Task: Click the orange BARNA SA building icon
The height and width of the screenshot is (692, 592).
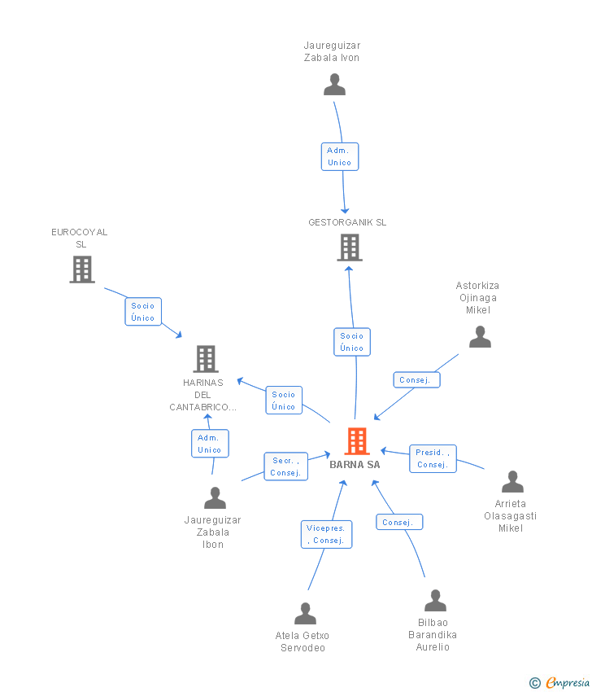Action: [x=357, y=441]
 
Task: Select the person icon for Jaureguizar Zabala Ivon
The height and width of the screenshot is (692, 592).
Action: [x=334, y=85]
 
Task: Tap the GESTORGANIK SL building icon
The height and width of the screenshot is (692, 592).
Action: [x=350, y=247]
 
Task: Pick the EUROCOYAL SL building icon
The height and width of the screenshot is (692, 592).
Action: [x=82, y=269]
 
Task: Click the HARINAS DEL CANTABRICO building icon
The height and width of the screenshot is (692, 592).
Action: [x=206, y=359]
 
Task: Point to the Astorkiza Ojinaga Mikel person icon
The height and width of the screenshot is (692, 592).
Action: [x=480, y=337]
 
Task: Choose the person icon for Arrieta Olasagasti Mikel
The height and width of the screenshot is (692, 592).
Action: [x=512, y=481]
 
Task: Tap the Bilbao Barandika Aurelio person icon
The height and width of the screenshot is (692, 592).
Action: [x=436, y=600]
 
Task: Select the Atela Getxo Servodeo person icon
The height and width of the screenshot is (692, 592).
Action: [x=306, y=614]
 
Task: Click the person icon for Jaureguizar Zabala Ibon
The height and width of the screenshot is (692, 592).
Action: [x=215, y=497]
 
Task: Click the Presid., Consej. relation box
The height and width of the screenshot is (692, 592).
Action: [x=433, y=458]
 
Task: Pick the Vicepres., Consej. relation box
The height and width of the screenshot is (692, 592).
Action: [x=326, y=534]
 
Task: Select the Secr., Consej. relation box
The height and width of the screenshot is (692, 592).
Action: [x=285, y=466]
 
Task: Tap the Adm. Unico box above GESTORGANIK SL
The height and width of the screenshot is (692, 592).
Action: [x=340, y=156]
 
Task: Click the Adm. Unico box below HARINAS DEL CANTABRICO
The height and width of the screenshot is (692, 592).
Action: [x=210, y=444]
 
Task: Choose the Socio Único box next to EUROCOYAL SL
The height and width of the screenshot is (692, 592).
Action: [x=143, y=312]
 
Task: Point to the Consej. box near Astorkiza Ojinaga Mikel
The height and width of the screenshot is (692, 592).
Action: [x=416, y=380]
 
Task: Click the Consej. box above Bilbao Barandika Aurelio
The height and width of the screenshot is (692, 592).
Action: [x=399, y=522]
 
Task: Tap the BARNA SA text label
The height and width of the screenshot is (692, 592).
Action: [x=355, y=464]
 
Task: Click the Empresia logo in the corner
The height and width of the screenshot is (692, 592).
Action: [x=559, y=683]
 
